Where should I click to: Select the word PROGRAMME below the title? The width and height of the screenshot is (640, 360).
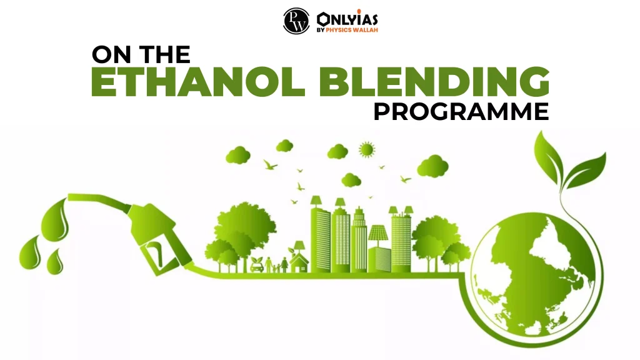461,112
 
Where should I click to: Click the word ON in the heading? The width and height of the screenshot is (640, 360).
109,55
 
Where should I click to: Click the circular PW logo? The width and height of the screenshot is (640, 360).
296,22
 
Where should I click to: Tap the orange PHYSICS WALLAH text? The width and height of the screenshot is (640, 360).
351,30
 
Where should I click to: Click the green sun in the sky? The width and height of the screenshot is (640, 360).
367,149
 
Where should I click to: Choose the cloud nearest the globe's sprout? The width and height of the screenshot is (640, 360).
432,166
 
